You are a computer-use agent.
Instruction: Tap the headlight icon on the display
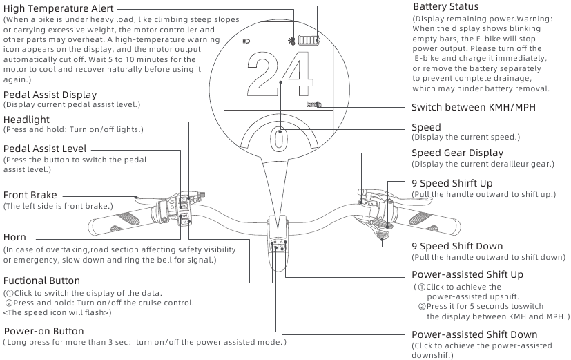click(x=246, y=41)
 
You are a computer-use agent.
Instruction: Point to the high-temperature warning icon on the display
click(x=292, y=41)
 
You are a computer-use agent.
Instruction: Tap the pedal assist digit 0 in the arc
click(x=279, y=140)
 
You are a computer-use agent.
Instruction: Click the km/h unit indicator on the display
click(x=314, y=104)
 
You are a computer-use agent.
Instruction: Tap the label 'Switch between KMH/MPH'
click(x=473, y=108)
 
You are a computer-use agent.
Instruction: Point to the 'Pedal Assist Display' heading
click(x=50, y=95)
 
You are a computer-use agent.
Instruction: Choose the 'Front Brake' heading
click(x=30, y=196)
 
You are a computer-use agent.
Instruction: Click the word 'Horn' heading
click(x=15, y=238)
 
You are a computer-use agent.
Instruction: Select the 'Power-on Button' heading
click(x=43, y=332)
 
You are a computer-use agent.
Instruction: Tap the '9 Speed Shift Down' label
click(x=457, y=246)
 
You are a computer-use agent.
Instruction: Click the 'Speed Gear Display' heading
click(x=457, y=153)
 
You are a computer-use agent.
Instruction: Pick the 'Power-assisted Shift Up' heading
click(x=467, y=274)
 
